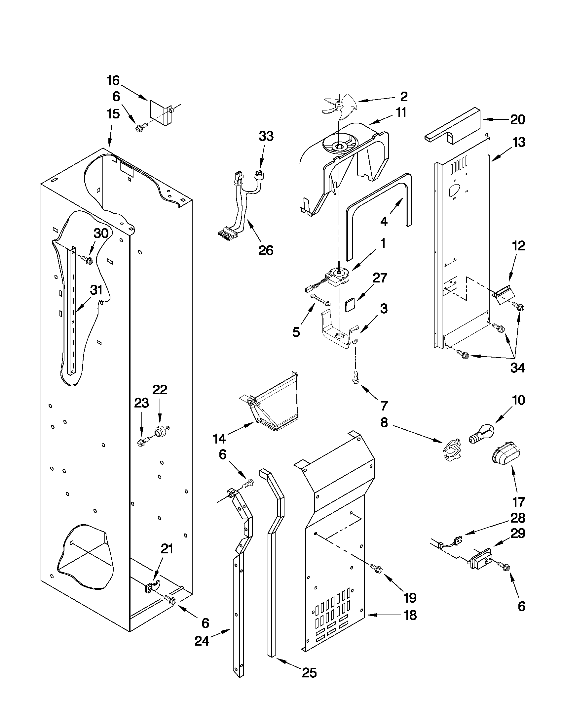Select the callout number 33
(x=266, y=136)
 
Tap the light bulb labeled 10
(x=481, y=435)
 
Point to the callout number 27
(x=380, y=278)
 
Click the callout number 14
(x=219, y=439)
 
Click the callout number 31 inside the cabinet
(x=96, y=290)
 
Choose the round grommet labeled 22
(x=161, y=432)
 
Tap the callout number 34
(x=518, y=368)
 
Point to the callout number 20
(x=518, y=119)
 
